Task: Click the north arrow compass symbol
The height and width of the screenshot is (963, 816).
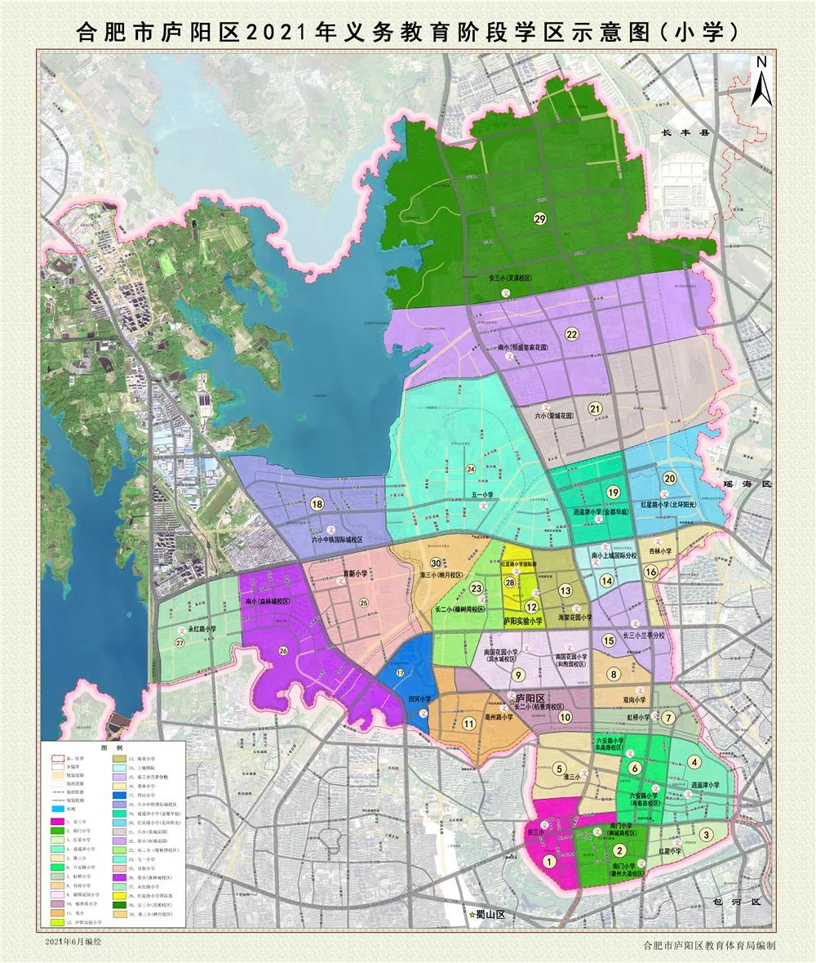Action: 761,81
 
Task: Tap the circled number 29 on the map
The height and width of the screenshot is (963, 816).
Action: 539,218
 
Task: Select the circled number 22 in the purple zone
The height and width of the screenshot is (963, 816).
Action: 571,334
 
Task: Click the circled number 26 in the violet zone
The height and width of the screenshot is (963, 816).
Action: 283,651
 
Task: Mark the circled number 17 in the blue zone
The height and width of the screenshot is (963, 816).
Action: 400,672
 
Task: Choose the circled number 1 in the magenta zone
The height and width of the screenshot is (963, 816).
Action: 550,860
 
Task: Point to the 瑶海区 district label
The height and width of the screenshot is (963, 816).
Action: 746,484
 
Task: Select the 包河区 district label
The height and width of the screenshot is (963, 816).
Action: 738,901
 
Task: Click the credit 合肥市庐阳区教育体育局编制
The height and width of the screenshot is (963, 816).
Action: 708,945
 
